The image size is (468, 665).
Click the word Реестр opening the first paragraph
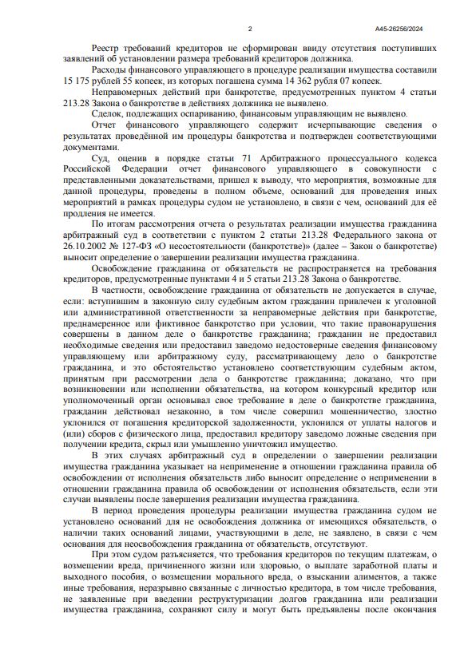tap(105, 49)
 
